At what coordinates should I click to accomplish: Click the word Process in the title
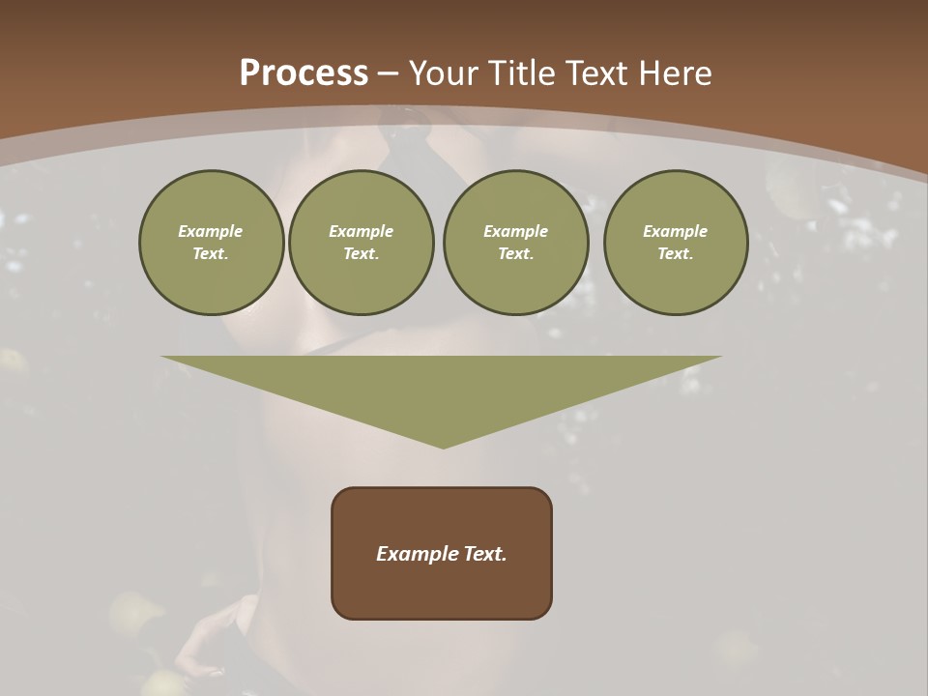point(304,73)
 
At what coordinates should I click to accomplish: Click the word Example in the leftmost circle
point(211,231)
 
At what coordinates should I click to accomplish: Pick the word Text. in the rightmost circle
point(676,253)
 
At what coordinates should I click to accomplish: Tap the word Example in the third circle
point(516,231)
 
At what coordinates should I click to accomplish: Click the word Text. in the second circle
point(362,253)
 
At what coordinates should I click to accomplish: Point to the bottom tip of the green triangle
point(443,446)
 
